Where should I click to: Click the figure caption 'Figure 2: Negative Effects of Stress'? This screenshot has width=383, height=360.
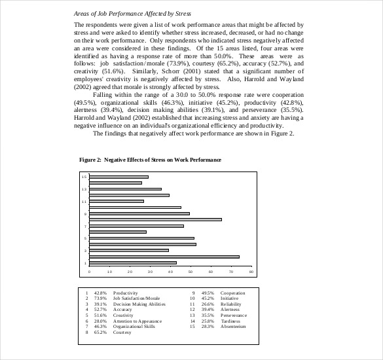tap(150, 160)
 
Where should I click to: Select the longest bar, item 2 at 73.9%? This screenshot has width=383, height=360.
tap(164, 257)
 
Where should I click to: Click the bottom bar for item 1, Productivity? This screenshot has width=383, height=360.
tap(132, 262)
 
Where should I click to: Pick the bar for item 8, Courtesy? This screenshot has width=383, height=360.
tap(155, 219)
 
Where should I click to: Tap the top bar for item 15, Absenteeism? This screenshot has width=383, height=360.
tap(119, 177)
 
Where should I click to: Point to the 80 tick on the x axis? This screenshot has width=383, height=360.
tap(251, 271)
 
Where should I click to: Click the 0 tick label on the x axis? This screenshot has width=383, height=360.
tap(90, 271)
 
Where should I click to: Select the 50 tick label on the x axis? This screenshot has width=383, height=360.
tap(191, 271)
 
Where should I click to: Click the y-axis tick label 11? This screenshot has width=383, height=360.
tap(84, 201)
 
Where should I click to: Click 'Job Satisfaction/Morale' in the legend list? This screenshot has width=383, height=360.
tap(136, 298)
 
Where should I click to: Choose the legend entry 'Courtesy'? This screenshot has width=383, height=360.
tap(122, 333)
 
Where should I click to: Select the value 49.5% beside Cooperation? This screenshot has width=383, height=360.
tap(208, 293)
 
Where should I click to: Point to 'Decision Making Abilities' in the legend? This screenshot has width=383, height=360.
tap(139, 304)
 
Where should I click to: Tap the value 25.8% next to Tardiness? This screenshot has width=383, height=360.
tap(208, 321)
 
